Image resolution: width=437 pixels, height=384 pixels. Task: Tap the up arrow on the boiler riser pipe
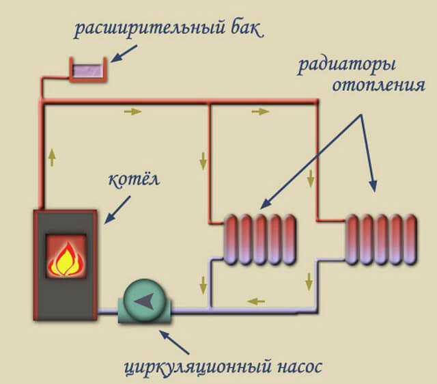click(x=53, y=158)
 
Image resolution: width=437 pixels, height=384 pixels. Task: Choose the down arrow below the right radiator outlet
click(x=309, y=280)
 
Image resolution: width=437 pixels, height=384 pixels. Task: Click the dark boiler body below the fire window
click(x=66, y=298)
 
